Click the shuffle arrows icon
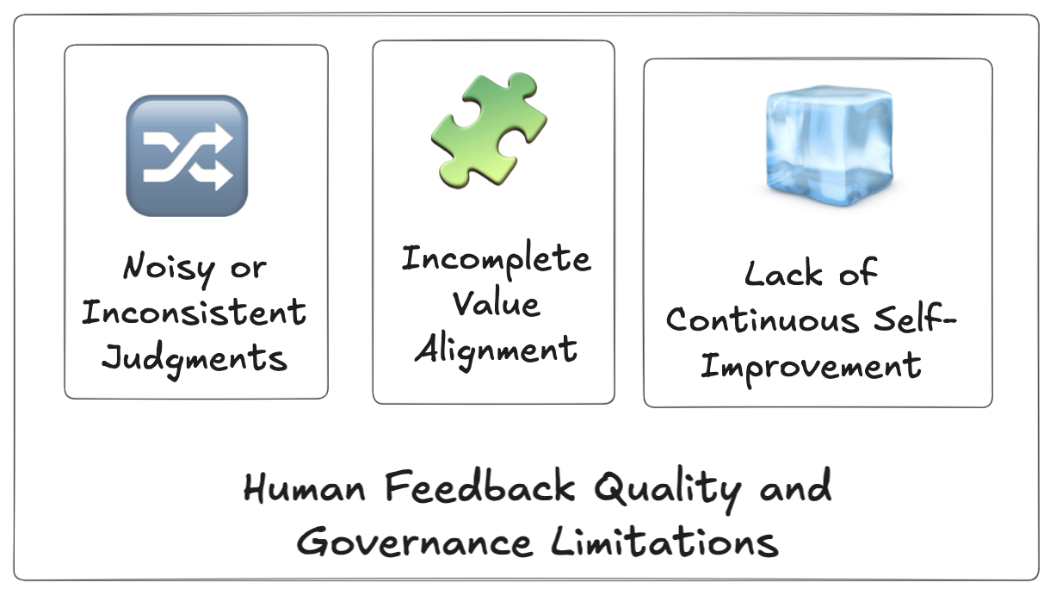187,155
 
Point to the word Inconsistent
194,312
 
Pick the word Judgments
195,356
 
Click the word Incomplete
496,259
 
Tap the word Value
496,304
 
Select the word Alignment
496,349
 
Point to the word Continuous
763,320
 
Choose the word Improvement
810,365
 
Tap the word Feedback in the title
480,488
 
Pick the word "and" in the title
795,488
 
